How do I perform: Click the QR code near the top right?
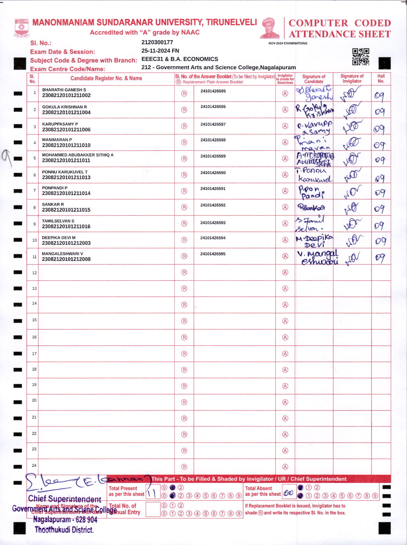tap(361, 56)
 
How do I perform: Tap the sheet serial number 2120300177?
tap(157, 42)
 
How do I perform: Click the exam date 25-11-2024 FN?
tap(160, 50)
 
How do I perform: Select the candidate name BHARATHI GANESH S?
tap(64, 90)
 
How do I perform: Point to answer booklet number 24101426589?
tap(213, 156)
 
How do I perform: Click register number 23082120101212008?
tap(66, 259)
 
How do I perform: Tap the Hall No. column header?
tap(381, 79)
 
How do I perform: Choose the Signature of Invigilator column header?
tap(352, 79)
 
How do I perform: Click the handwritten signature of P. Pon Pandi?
tap(311, 192)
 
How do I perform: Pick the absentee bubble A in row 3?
tap(285, 126)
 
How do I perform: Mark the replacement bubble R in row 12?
tap(184, 272)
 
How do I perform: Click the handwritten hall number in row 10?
tap(380, 241)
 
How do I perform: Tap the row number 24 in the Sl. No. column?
tap(34, 465)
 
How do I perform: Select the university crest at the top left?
tap(22, 28)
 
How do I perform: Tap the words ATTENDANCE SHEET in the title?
tap(339, 34)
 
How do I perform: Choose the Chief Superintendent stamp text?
tap(65, 499)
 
